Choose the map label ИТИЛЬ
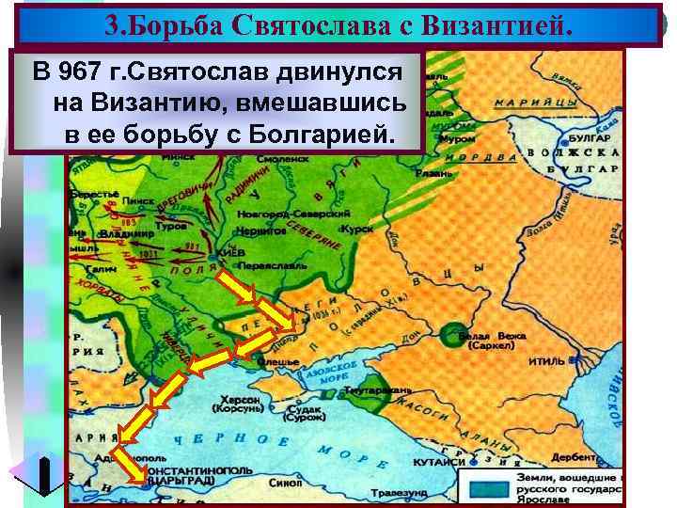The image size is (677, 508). [x=547, y=360]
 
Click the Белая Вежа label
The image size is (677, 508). [x=488, y=336]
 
